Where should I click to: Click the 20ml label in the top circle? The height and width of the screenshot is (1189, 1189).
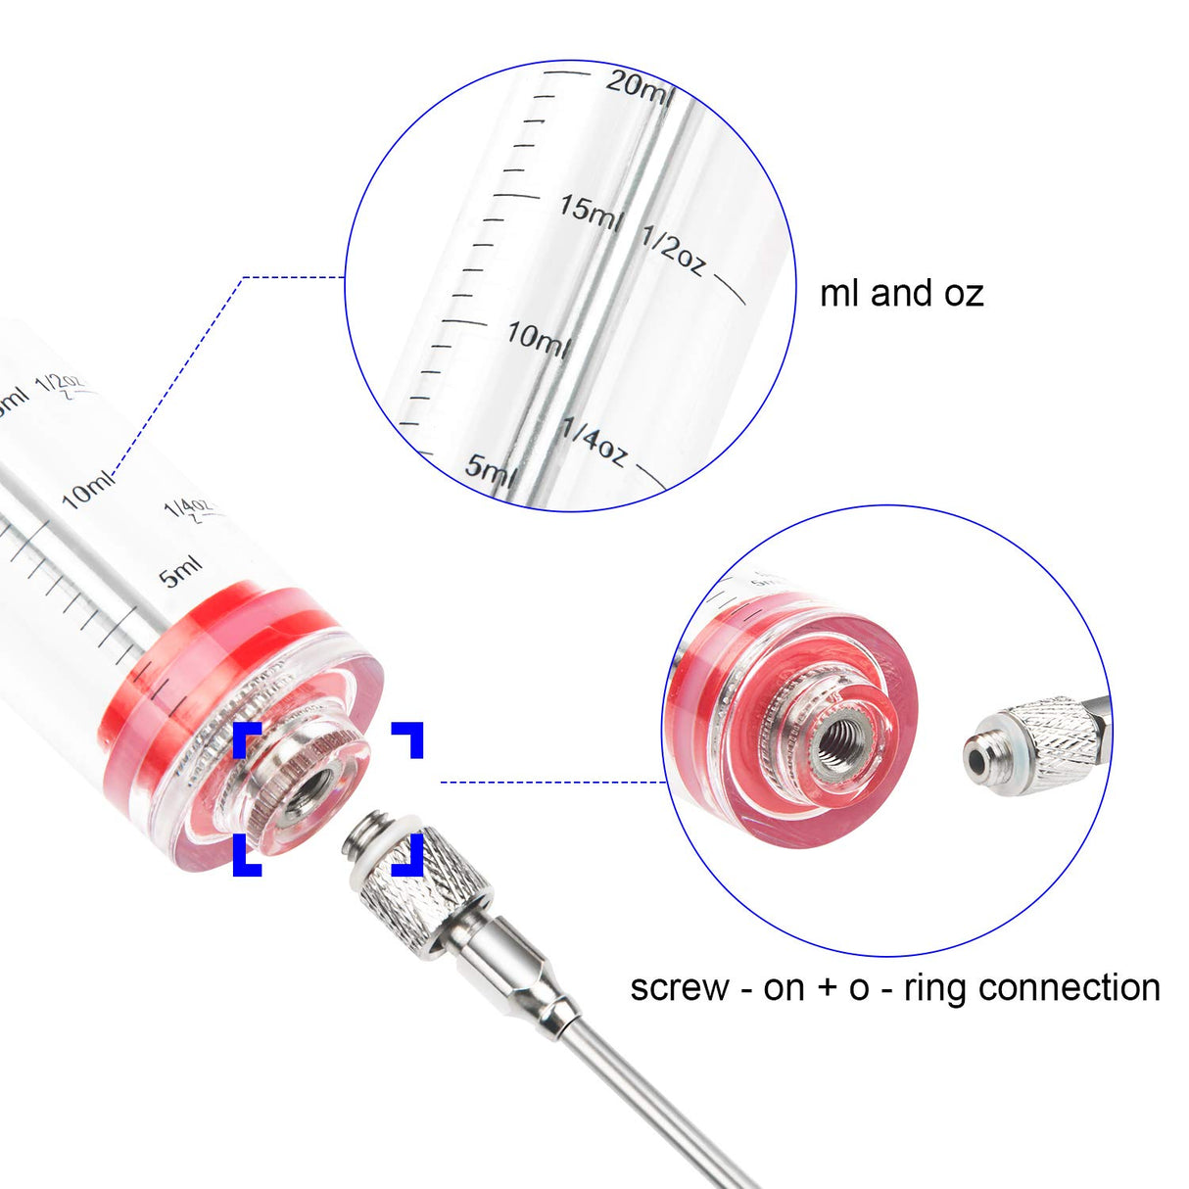639,84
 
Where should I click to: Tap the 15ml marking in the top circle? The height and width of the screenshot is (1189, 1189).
590,211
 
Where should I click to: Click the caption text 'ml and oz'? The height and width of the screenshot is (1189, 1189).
901,293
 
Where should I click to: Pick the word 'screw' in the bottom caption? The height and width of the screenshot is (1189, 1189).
679,987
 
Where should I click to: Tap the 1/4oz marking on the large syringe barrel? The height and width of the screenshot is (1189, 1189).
188,509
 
